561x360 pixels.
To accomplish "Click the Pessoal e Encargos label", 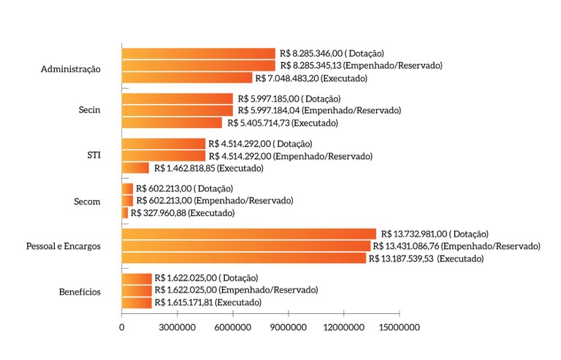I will pos(63,246).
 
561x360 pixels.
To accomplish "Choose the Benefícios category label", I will pos(80,291).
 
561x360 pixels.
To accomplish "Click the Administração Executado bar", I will pos(186,78).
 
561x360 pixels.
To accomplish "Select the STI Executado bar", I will pos(135,168).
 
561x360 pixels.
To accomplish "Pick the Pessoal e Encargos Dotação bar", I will pos(248,234).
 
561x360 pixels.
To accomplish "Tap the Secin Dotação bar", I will pos(177,99).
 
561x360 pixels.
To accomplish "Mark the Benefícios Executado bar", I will pos(137,302).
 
